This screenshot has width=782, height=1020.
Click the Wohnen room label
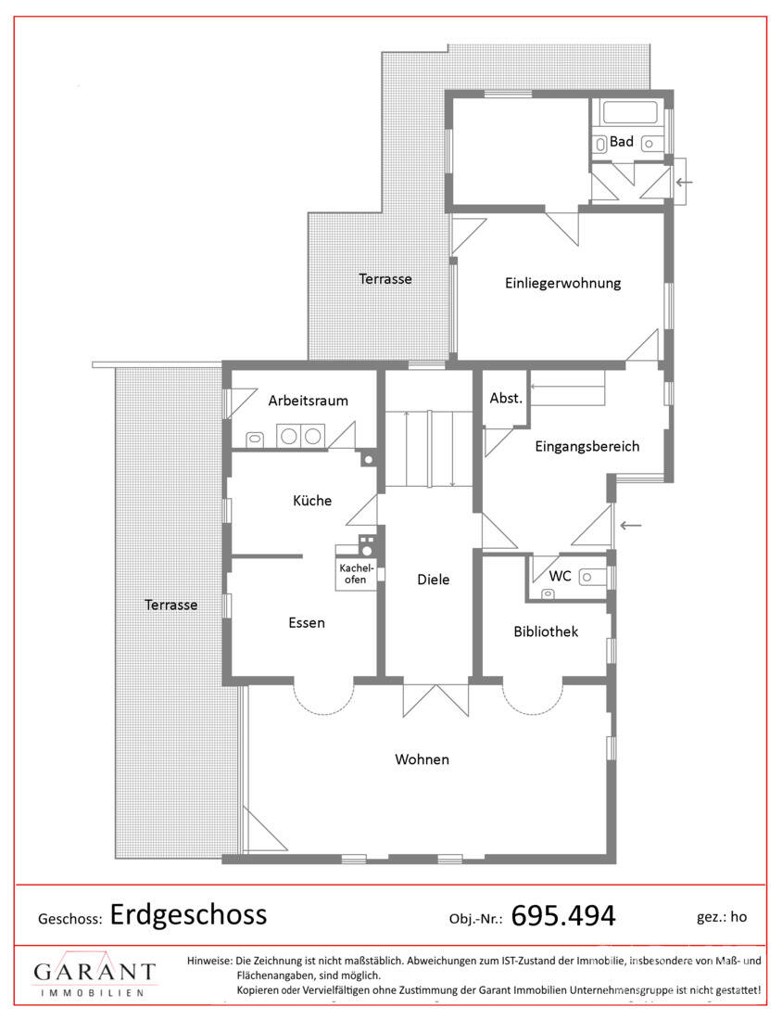click(x=422, y=759)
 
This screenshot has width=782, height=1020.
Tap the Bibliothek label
click(x=546, y=631)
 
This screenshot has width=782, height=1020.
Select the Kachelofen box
click(x=356, y=574)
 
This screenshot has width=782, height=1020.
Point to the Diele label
click(x=433, y=580)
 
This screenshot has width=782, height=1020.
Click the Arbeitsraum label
click(x=309, y=401)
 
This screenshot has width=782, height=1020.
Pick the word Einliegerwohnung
click(x=563, y=283)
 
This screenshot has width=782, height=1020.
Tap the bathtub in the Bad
click(x=630, y=112)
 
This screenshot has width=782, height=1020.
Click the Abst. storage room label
click(x=507, y=398)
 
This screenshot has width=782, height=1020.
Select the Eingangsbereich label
click(x=587, y=446)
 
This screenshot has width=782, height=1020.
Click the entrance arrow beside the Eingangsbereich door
click(x=631, y=525)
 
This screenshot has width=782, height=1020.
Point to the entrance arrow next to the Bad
click(x=684, y=182)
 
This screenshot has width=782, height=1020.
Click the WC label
click(x=560, y=576)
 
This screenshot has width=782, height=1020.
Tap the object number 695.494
click(x=563, y=916)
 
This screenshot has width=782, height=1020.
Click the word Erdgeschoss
click(x=188, y=914)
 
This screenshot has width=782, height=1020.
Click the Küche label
click(x=312, y=500)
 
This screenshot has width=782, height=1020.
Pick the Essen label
click(x=307, y=622)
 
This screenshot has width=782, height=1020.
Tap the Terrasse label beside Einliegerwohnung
click(x=385, y=279)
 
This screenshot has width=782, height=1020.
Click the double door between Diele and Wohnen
click(x=435, y=699)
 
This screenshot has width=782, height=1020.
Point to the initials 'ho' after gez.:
click(x=738, y=916)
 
